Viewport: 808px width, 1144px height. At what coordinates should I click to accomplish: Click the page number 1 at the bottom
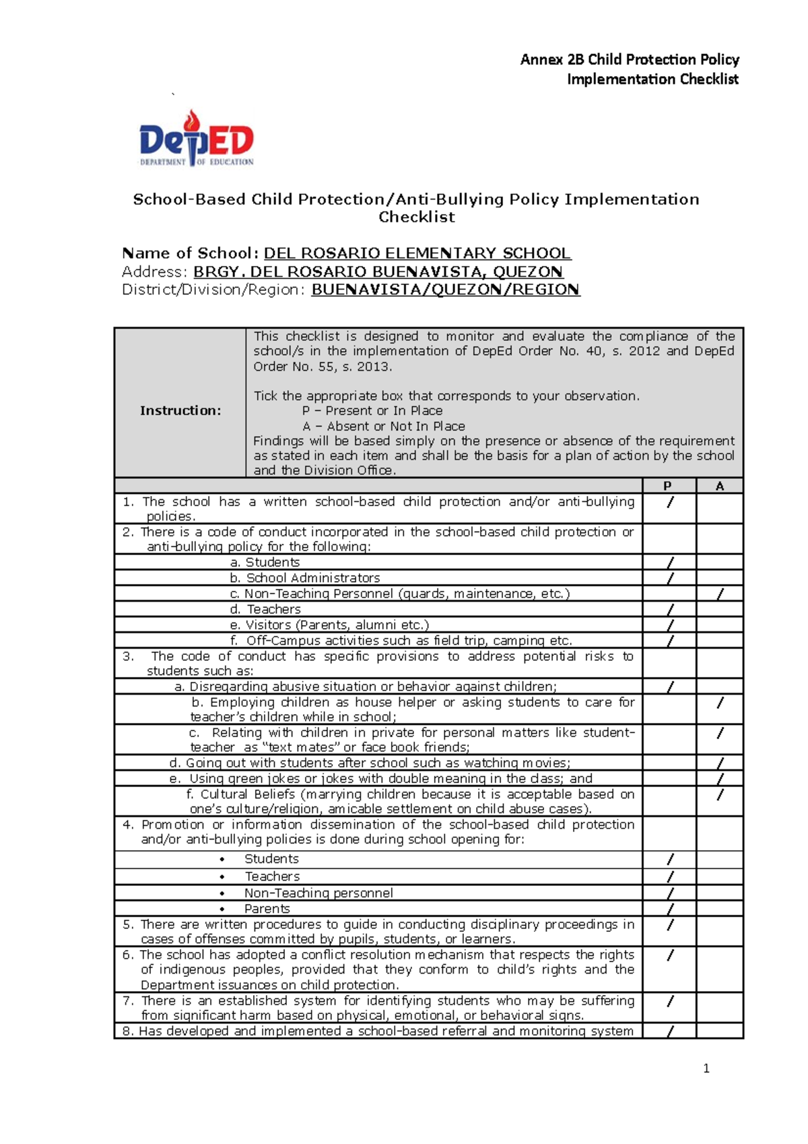[x=706, y=1068]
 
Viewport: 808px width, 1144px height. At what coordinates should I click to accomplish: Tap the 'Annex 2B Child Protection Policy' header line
[x=630, y=59]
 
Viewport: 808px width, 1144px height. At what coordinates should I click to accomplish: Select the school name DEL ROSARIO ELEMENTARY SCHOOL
[x=417, y=253]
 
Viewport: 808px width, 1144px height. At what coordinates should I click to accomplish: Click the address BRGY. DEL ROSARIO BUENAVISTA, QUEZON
[x=378, y=272]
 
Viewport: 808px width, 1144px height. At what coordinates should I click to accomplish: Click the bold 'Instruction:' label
[x=180, y=410]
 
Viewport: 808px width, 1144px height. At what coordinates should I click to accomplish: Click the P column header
[x=667, y=486]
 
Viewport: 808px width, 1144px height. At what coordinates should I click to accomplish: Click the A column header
[x=720, y=486]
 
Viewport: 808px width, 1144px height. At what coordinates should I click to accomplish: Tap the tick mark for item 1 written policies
[x=671, y=503]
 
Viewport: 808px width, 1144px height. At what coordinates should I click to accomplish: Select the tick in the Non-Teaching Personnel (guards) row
[x=720, y=594]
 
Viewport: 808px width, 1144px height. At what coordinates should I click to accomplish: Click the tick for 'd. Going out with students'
[x=720, y=763]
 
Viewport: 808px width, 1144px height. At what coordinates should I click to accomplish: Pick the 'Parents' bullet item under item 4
[x=267, y=908]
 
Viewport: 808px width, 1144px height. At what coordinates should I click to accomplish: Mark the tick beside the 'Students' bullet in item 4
[x=670, y=859]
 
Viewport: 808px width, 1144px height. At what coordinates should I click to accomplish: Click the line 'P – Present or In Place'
[x=372, y=411]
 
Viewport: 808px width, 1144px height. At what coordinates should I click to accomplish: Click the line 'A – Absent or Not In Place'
[x=384, y=426]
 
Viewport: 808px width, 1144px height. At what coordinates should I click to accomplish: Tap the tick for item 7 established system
[x=671, y=1001]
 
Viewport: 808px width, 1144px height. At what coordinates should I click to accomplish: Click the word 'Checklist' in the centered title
[x=416, y=217]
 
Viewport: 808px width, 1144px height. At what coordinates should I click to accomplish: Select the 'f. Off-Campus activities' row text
[x=401, y=641]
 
